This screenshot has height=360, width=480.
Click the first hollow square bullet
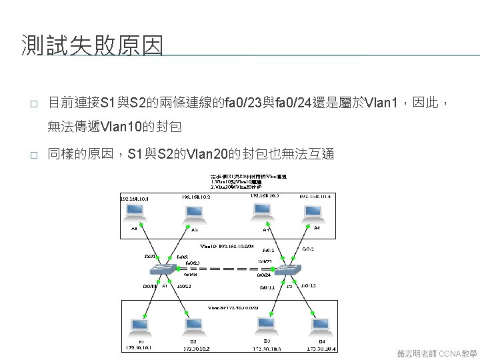[32, 104]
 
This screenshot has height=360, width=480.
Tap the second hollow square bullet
[32, 155]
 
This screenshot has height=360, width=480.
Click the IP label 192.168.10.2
[195, 197]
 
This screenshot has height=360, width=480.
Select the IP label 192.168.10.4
[315, 196]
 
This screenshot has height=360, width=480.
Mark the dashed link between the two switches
[225, 269]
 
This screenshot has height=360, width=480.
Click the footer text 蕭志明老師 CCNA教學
[434, 351]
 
